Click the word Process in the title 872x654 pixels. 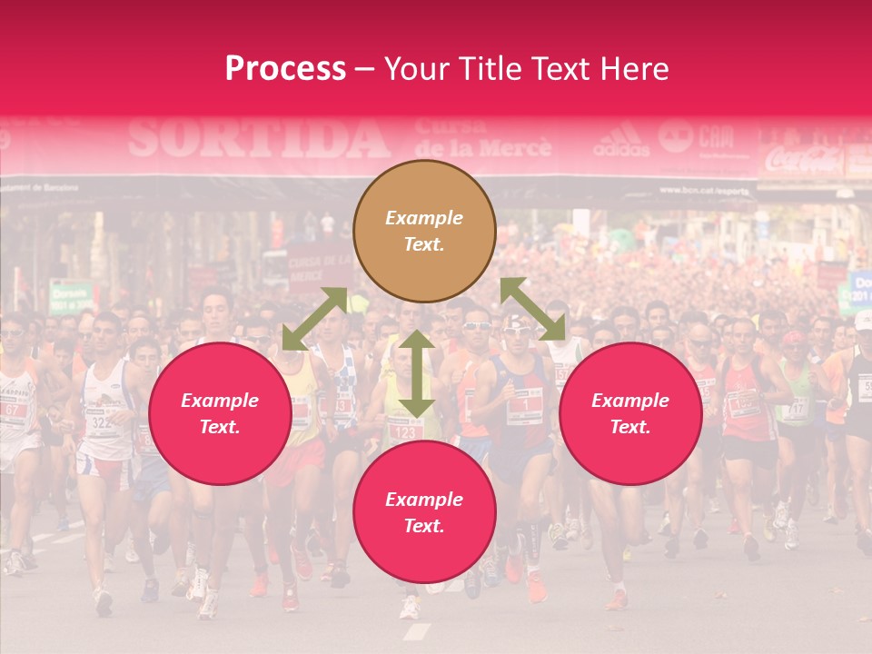[285, 69]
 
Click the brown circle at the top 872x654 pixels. [424, 232]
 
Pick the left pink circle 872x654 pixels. [220, 413]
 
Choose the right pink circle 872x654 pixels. [629, 413]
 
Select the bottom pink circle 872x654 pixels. [424, 512]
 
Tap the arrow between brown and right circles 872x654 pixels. [532, 309]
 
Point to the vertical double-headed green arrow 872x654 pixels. [416, 372]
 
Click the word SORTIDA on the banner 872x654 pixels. [259, 139]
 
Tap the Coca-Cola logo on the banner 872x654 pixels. [803, 161]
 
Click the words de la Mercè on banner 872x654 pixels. [481, 147]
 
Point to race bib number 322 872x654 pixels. [100, 422]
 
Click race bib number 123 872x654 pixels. [405, 431]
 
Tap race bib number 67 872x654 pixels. [13, 410]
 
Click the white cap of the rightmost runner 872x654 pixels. [863, 320]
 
